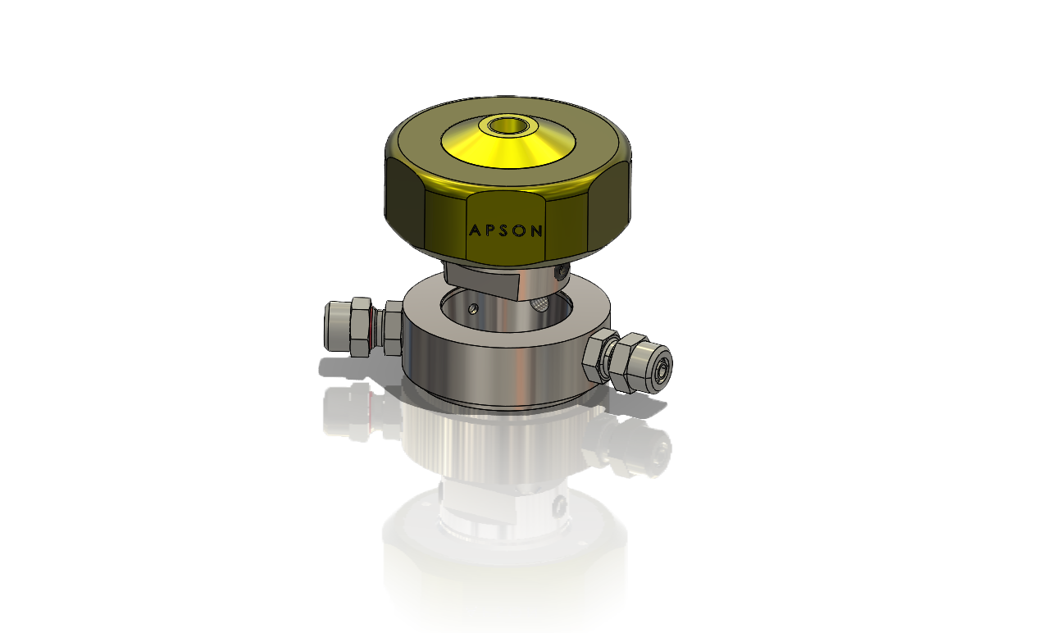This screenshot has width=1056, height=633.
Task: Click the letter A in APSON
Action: coord(473,231)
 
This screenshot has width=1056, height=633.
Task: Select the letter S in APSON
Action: coord(505,231)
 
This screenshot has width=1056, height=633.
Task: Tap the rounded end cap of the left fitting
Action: coord(335,326)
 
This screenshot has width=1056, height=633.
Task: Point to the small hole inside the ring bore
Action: coord(474,308)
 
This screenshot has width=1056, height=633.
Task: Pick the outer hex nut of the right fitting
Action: coord(632,362)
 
